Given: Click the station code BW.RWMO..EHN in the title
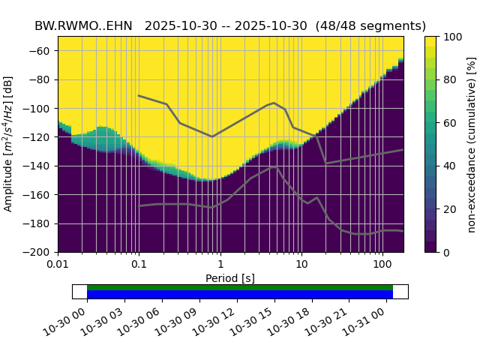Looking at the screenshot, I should (83, 25).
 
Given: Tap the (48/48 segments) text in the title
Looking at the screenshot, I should (370, 25).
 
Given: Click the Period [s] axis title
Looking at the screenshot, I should (230, 278).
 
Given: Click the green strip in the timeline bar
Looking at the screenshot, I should (240, 287).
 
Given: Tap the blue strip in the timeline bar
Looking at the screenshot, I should (240, 295).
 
